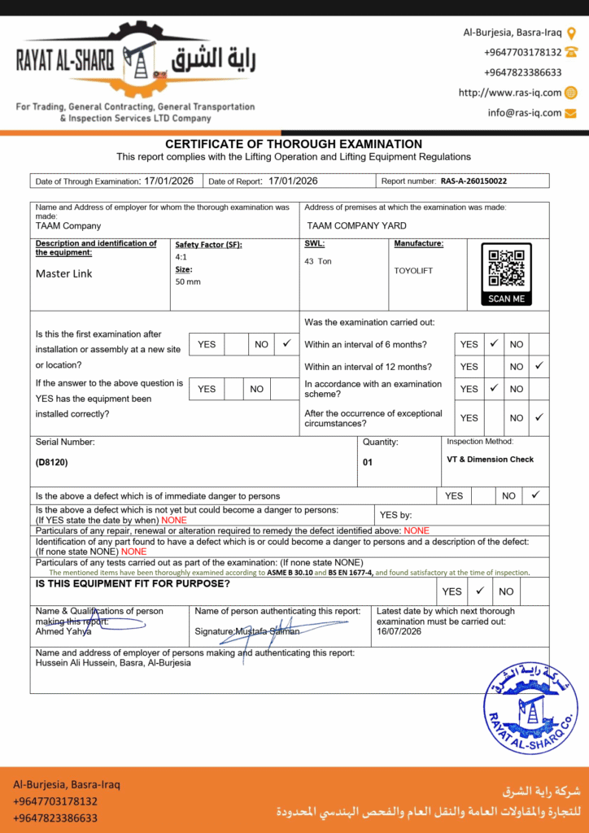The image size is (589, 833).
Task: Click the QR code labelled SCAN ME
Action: click(x=506, y=274)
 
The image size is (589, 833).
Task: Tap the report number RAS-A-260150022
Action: click(x=473, y=181)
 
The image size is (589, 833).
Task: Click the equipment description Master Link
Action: click(x=64, y=274)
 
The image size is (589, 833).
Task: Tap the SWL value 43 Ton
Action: click(x=318, y=261)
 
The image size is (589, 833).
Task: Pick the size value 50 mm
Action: click(x=188, y=281)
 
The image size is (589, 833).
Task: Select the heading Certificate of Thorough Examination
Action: click(x=294, y=144)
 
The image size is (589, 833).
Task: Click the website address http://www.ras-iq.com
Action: click(x=510, y=93)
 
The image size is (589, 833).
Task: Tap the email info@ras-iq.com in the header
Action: click(x=525, y=113)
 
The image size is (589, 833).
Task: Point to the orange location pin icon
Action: click(x=571, y=33)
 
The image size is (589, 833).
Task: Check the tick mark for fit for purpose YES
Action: click(x=480, y=591)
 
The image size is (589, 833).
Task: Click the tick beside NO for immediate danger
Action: click(x=535, y=495)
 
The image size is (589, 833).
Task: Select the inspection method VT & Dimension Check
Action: click(x=491, y=460)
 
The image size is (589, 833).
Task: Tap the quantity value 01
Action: click(x=368, y=461)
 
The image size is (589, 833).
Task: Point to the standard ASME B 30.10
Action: click(x=291, y=573)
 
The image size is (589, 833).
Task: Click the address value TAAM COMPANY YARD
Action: click(x=356, y=225)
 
